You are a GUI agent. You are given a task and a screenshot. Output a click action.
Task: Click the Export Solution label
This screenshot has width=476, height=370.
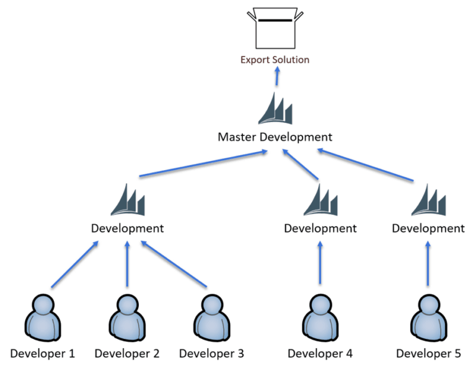click(x=275, y=60)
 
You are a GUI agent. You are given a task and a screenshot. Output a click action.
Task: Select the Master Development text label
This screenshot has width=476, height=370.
click(x=275, y=137)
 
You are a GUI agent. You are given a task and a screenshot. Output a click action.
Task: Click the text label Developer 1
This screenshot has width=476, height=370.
click(x=42, y=354)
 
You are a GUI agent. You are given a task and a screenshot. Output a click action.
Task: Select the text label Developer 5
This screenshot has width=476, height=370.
click(x=428, y=354)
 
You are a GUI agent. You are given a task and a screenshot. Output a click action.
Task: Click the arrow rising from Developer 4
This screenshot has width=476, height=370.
click(x=320, y=263)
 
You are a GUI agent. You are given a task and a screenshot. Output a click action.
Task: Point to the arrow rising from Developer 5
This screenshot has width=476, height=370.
click(x=428, y=263)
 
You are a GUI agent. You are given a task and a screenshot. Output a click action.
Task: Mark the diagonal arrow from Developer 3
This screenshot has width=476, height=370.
click(x=175, y=264)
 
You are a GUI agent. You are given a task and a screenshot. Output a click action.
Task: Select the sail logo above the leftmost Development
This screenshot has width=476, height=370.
click(x=127, y=200)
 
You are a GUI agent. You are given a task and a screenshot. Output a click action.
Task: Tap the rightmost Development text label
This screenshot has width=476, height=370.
click(x=428, y=228)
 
